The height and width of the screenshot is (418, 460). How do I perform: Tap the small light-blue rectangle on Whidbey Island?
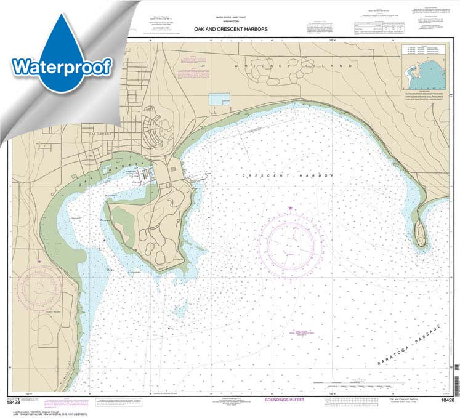pos(219,98)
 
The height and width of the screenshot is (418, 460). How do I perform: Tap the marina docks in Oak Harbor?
pos(143,175)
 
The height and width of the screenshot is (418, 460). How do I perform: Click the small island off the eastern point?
pos(420,232)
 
